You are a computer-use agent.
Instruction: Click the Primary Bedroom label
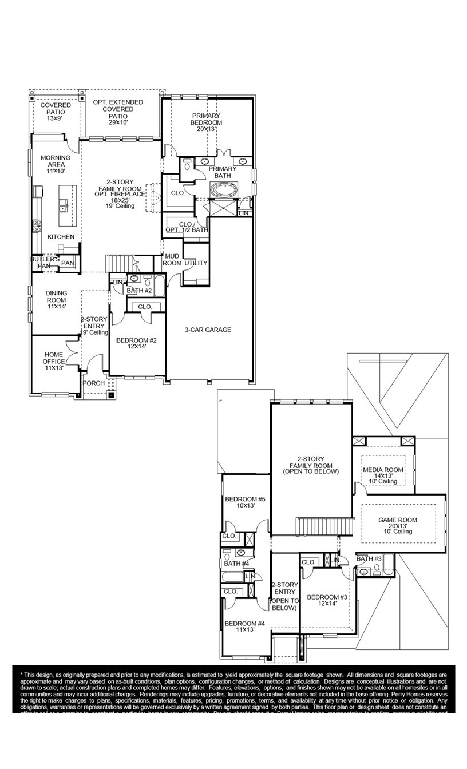tap(207, 122)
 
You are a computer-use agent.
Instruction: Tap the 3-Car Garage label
tap(208, 330)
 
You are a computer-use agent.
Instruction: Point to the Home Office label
tap(54, 361)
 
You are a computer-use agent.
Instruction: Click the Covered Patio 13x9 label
tap(56, 112)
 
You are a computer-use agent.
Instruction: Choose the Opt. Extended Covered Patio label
tap(118, 112)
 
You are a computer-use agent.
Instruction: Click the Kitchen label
tap(61, 236)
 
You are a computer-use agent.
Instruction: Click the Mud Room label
tap(172, 260)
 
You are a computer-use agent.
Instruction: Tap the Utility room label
tap(196, 263)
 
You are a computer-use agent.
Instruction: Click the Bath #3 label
tap(369, 558)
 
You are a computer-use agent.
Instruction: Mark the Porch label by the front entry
tap(94, 383)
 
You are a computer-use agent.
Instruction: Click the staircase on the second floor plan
tap(321, 525)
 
